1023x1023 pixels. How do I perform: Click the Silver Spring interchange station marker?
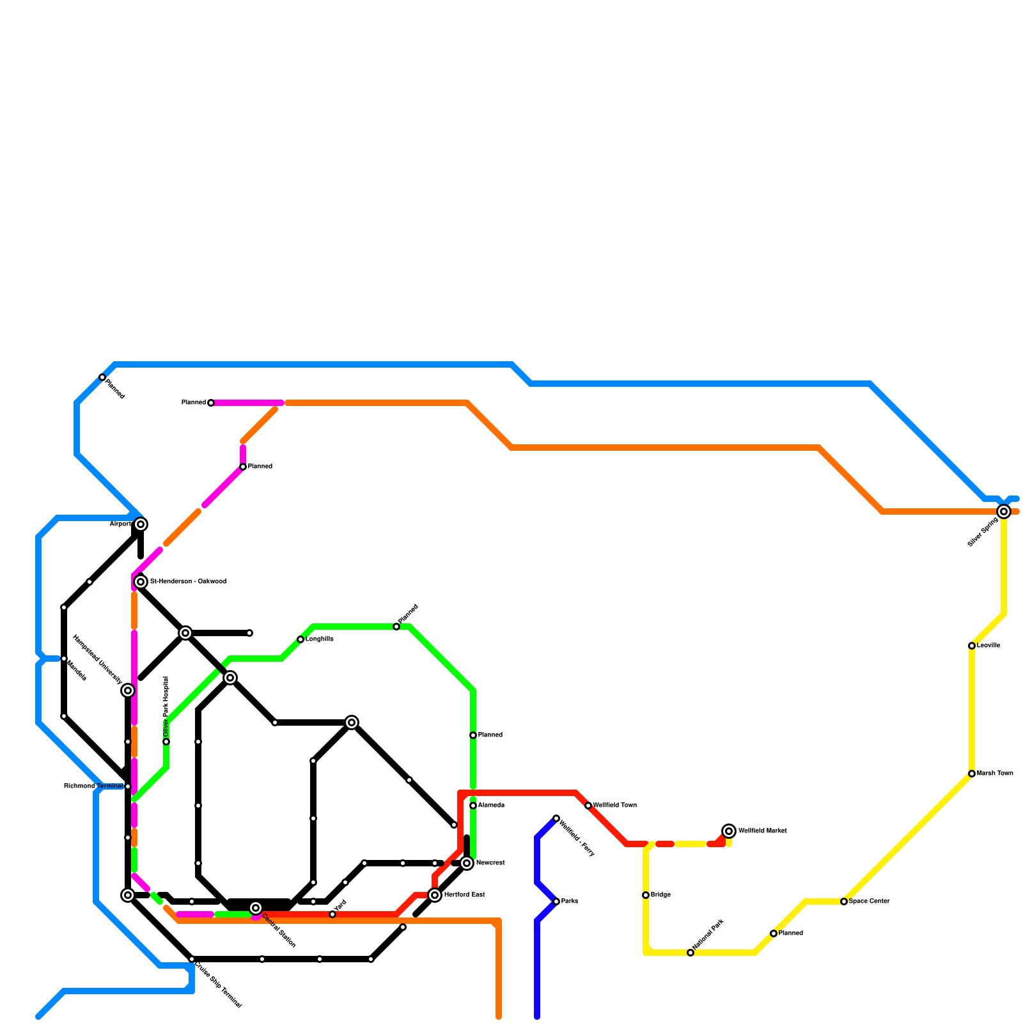(x=1004, y=511)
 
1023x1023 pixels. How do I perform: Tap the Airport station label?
(x=121, y=524)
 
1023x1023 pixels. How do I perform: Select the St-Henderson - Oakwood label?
(x=188, y=582)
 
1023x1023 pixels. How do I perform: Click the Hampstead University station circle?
(x=128, y=691)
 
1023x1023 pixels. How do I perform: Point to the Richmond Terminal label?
(x=93, y=786)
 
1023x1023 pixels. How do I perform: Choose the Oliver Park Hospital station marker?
(x=166, y=742)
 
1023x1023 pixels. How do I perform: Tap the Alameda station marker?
(x=473, y=806)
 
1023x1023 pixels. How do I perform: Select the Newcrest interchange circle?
(x=467, y=863)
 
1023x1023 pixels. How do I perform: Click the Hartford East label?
(x=464, y=895)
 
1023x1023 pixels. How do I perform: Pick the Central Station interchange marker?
(x=256, y=908)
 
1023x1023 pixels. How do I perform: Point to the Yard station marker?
(x=332, y=914)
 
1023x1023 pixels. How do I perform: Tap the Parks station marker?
(x=556, y=902)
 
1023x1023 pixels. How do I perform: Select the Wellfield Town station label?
(x=614, y=806)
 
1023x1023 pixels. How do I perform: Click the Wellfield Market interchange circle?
(x=729, y=831)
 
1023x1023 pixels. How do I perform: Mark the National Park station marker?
(x=691, y=953)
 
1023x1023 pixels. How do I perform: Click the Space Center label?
(x=869, y=902)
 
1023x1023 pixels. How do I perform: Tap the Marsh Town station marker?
(x=972, y=774)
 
